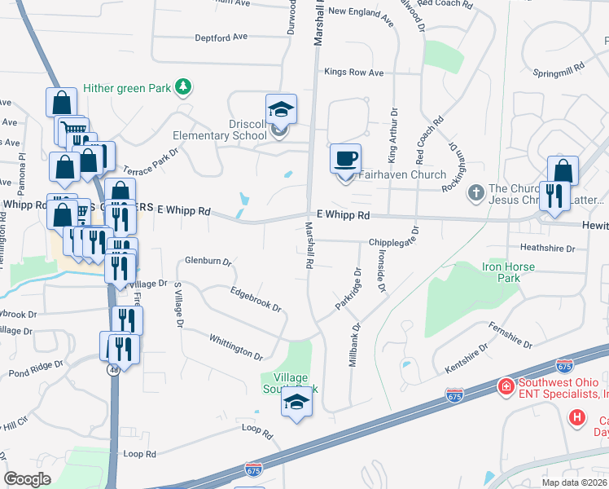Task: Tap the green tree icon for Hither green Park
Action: [185, 86]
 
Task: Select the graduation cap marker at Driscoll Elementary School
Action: [281, 109]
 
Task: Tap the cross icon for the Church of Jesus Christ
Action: [475, 192]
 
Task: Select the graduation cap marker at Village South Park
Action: [296, 403]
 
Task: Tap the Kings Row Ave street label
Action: [353, 73]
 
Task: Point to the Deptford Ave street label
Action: [221, 37]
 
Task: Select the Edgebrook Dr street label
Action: [256, 299]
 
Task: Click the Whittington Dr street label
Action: [235, 346]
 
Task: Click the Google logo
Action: [28, 479]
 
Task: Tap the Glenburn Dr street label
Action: [209, 262]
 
